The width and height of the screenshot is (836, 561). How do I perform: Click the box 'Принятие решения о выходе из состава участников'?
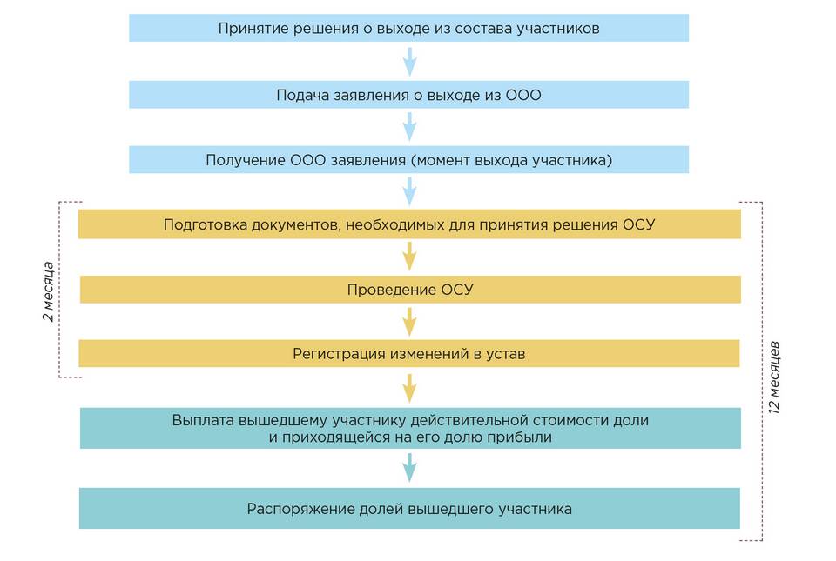pyautogui.click(x=408, y=28)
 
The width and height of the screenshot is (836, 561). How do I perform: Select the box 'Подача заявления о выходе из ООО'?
pyautogui.click(x=408, y=95)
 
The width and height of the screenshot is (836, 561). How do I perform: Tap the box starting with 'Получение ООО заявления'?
pyautogui.click(x=408, y=160)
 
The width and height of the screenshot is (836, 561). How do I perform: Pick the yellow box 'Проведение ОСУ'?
pyautogui.click(x=409, y=290)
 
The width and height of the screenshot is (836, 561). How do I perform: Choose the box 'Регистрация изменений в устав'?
pyautogui.click(x=409, y=354)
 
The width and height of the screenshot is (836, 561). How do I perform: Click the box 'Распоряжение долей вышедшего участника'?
pyautogui.click(x=409, y=509)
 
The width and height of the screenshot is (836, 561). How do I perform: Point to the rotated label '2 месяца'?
pyautogui.click(x=49, y=291)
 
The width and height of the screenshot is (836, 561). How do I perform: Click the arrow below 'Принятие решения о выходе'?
pyautogui.click(x=409, y=62)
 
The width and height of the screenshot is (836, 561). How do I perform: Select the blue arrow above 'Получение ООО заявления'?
pyautogui.click(x=409, y=127)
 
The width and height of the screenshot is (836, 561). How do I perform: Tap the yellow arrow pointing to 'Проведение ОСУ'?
pyautogui.click(x=409, y=257)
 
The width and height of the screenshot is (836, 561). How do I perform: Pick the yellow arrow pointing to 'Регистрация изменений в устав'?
pyautogui.click(x=409, y=322)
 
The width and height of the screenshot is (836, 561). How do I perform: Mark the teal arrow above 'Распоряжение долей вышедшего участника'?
pyautogui.click(x=409, y=468)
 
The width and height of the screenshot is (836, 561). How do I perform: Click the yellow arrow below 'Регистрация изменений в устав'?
pyautogui.click(x=409, y=387)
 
